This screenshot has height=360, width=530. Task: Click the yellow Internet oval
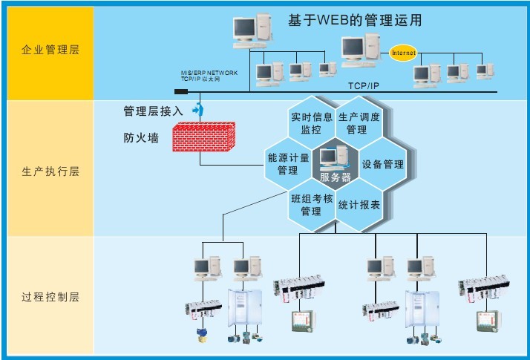(404, 53)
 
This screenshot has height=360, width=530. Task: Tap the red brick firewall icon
(203, 138)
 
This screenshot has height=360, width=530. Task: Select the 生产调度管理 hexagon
(359, 123)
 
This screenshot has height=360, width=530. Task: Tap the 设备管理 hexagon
(382, 164)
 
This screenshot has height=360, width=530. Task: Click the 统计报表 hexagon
(359, 205)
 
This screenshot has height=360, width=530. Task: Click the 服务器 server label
(335, 177)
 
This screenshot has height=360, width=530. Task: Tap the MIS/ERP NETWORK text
(209, 73)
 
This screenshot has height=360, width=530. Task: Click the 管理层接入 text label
(153, 111)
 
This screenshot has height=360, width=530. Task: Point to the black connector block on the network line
(181, 92)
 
